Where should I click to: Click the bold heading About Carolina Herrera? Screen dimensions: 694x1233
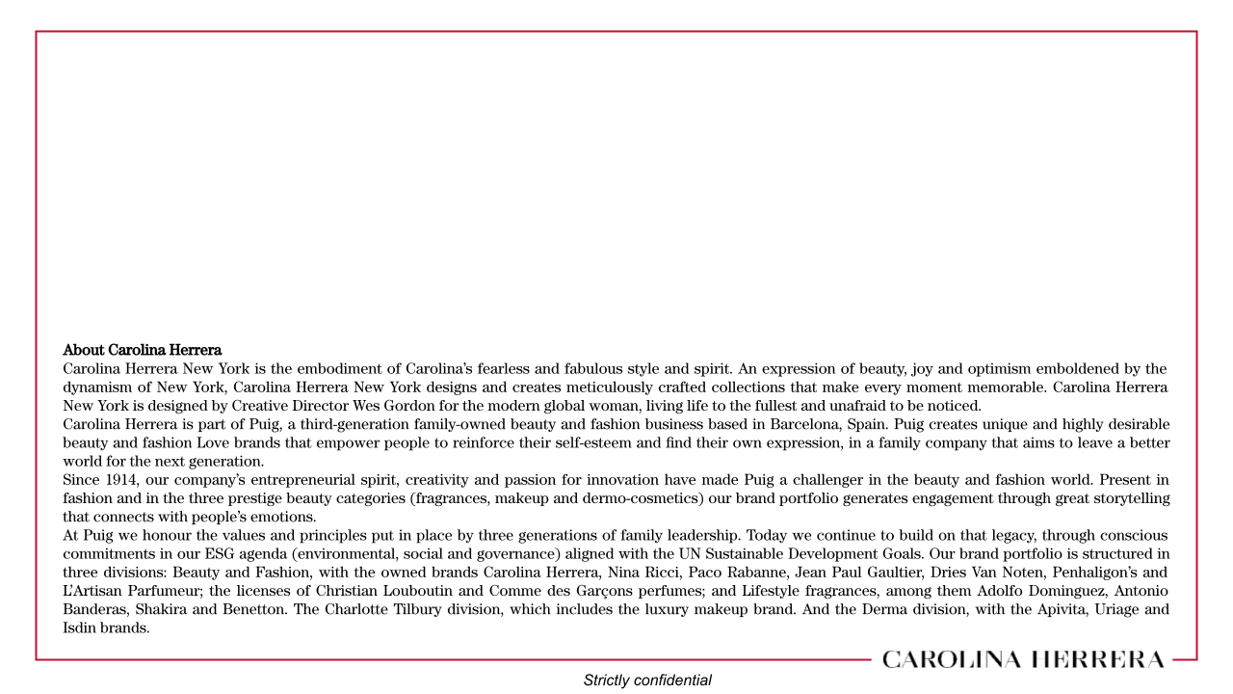(143, 350)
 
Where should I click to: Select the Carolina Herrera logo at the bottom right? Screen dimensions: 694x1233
(1022, 660)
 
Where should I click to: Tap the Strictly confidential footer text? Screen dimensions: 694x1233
(647, 681)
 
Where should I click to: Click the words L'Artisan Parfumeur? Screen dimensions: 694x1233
(132, 591)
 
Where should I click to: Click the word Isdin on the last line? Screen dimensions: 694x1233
(80, 627)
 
